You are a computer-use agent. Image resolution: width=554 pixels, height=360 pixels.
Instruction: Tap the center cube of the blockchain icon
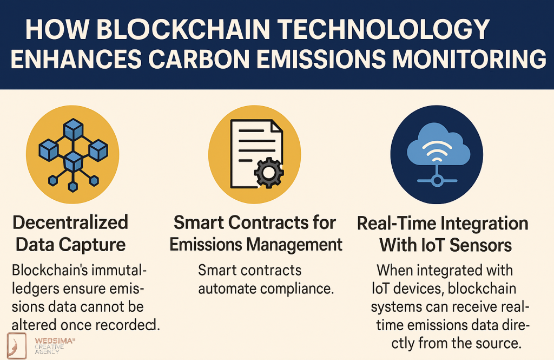pyautogui.click(x=72, y=161)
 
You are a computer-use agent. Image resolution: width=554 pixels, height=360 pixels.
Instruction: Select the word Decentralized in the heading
pyautogui.click(x=70, y=222)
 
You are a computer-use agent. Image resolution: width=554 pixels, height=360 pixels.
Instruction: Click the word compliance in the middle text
pyautogui.click(x=299, y=288)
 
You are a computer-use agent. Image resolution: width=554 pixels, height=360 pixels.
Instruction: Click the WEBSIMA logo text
pyautogui.click(x=54, y=341)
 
